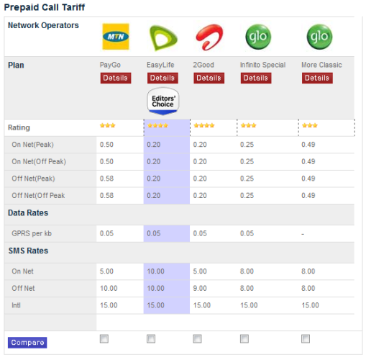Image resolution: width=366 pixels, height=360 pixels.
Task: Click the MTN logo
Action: (116, 37)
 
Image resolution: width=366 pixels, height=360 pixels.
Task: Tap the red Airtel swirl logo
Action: (209, 37)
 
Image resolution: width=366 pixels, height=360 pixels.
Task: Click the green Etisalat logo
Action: (163, 38)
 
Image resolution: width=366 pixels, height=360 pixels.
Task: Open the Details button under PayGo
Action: (116, 78)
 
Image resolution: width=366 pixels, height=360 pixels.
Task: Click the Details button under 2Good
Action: (209, 78)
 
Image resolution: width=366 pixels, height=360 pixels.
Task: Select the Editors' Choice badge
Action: (163, 101)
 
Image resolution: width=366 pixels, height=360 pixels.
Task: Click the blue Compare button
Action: (27, 343)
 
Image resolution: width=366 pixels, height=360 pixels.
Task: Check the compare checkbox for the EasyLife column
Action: (151, 339)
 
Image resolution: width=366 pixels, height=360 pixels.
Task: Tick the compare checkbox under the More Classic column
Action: (306, 339)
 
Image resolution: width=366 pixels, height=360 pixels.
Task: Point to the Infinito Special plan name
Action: (262, 65)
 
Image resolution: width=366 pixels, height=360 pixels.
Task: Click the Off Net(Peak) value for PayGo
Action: (106, 179)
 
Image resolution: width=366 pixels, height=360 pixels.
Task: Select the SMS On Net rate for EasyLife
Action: (155, 271)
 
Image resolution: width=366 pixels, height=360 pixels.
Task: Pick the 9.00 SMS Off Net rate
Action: (200, 288)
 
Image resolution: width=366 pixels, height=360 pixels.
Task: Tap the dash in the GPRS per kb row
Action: (303, 234)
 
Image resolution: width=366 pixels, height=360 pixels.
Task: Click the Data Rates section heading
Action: (28, 213)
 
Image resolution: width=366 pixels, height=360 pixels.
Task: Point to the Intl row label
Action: (16, 305)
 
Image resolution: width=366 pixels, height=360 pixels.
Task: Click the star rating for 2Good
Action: (204, 125)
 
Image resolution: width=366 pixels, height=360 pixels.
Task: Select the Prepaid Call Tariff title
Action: (45, 7)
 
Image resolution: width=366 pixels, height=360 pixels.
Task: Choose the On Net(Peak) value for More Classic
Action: (308, 145)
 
